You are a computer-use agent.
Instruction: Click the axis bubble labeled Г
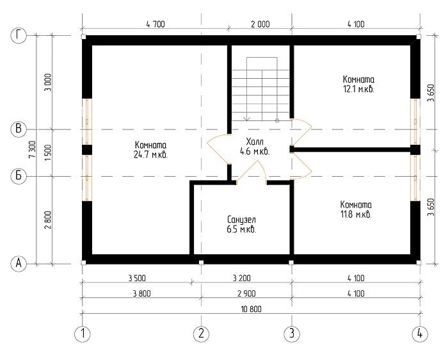[19, 35]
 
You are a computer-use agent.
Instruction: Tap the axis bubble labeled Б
[19, 176]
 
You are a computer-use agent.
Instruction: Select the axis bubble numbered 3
[292, 333]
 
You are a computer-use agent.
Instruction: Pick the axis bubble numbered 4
[420, 333]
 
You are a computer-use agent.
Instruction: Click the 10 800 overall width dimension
[251, 309]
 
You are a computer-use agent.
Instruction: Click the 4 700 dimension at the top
[156, 24]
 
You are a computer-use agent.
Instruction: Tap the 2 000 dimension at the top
[260, 24]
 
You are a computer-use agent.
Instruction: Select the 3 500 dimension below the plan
[137, 278]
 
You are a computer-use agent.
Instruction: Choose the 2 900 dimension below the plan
[246, 293]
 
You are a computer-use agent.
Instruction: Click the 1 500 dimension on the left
[48, 152]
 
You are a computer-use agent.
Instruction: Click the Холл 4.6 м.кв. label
[255, 146]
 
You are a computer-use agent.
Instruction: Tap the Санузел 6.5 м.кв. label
[241, 224]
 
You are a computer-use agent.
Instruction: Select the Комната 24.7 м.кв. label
[150, 149]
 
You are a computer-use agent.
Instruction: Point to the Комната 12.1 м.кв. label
[358, 84]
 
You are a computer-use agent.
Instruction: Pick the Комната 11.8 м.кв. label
[356, 209]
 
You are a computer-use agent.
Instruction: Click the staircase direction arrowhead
[247, 119]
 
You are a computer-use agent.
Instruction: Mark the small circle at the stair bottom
[277, 121]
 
